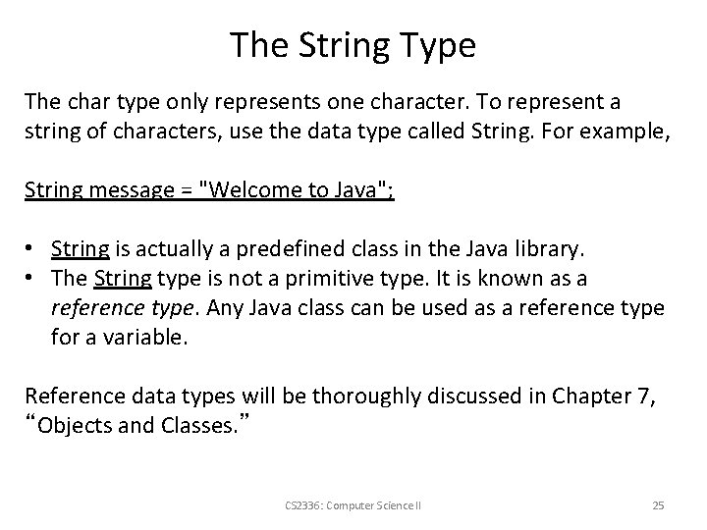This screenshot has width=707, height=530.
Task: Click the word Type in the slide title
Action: pos(437,45)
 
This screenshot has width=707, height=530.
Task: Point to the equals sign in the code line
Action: pos(187,189)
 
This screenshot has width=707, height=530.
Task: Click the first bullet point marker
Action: pos(31,248)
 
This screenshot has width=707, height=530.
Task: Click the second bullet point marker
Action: pos(31,277)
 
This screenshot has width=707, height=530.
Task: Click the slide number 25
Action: pos(658,505)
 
